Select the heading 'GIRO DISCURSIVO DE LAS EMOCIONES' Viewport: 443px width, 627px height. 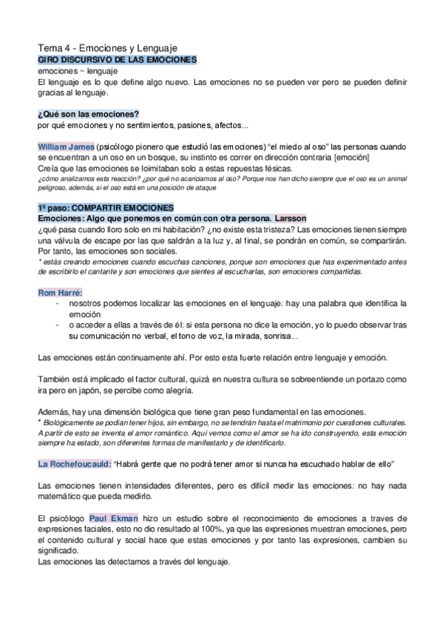pyautogui.click(x=117, y=58)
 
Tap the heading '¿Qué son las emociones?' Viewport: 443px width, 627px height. pyautogui.click(x=88, y=113)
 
